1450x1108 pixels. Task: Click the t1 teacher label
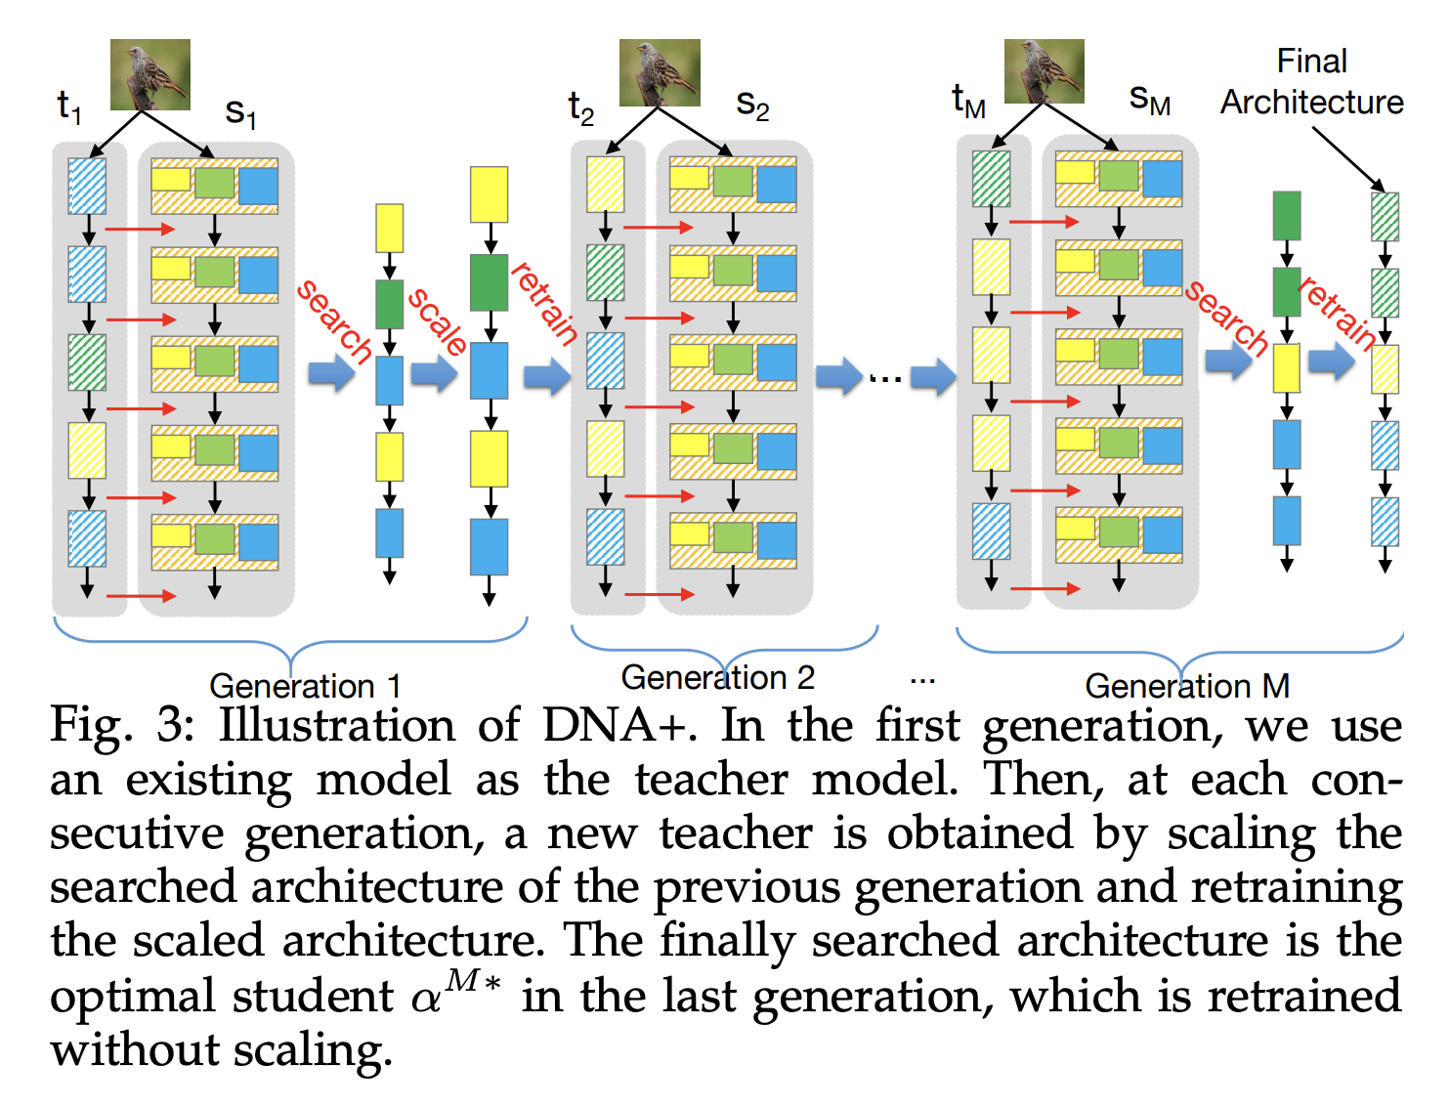point(68,107)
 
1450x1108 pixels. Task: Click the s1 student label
point(240,112)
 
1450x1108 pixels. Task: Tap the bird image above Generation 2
point(660,72)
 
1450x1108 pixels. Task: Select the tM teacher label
point(968,101)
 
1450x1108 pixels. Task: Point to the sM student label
point(1149,99)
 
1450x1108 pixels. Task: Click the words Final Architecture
point(1311,82)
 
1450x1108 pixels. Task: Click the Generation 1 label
point(305,686)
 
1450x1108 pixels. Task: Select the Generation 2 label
point(717,677)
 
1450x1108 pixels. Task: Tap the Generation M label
point(1187,686)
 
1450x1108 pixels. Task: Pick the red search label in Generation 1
point(335,321)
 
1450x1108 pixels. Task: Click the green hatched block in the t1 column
point(87,362)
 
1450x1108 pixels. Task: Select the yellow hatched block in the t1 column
point(87,449)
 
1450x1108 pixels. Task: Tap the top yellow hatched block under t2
point(605,184)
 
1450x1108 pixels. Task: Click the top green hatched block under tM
point(991,178)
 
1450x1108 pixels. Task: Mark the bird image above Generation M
point(1044,71)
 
